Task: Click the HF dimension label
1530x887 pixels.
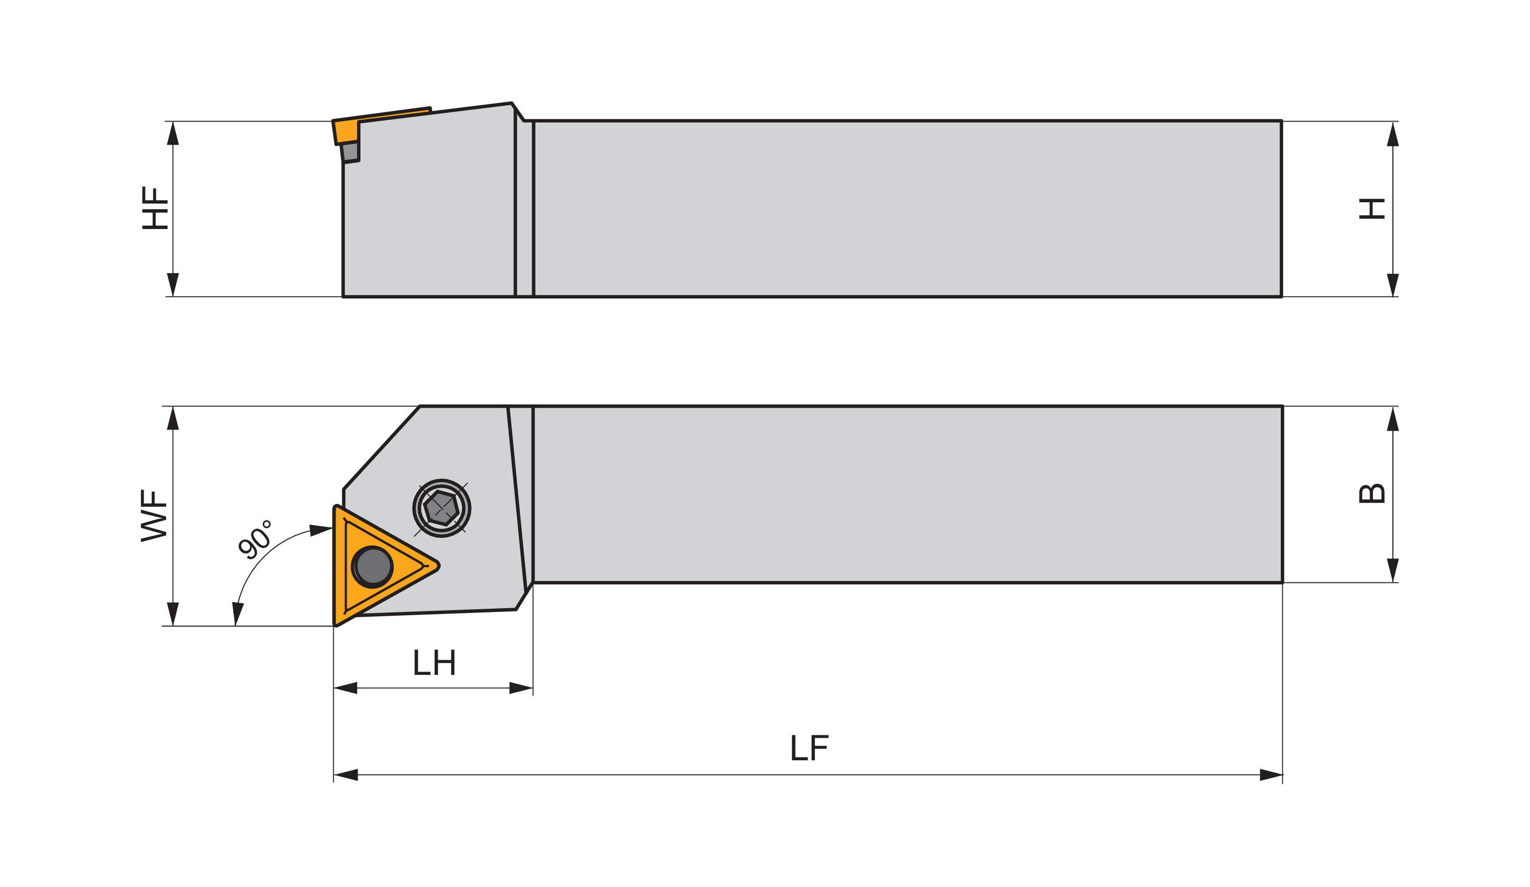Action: pyautogui.click(x=155, y=207)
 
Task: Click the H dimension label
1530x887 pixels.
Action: pyautogui.click(x=1371, y=208)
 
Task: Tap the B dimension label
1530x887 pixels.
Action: pyautogui.click(x=1371, y=493)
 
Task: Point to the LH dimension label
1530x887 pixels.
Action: pyautogui.click(x=434, y=662)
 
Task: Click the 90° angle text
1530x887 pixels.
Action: pyautogui.click(x=254, y=538)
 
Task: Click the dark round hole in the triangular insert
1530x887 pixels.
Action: pyautogui.click(x=373, y=566)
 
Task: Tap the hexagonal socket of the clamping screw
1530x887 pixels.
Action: pyautogui.click(x=441, y=508)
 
